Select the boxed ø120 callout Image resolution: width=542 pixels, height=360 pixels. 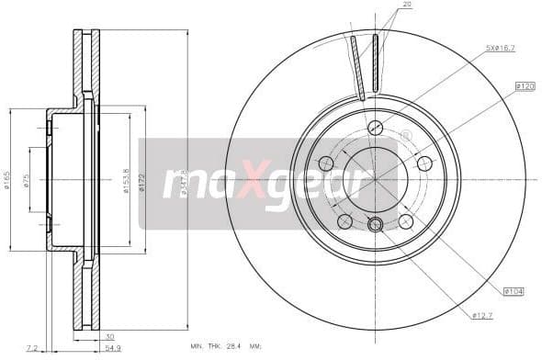(525, 85)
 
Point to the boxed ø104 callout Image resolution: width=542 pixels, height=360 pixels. (514, 291)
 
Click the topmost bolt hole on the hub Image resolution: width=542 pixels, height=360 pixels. (375, 128)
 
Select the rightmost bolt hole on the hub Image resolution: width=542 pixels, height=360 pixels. (424, 163)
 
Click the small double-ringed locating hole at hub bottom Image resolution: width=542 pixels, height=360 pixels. (375, 224)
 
